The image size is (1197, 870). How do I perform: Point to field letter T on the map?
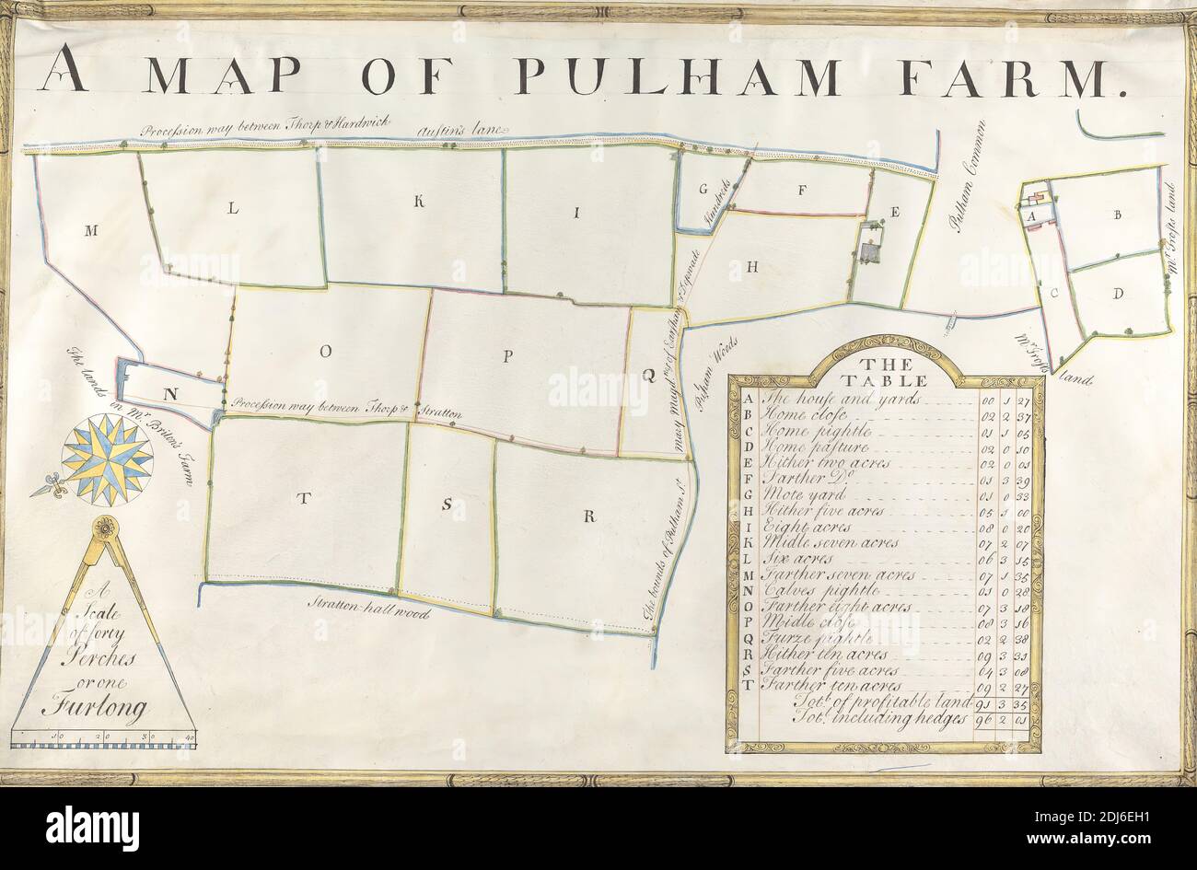301,499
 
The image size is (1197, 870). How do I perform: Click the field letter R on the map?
587,516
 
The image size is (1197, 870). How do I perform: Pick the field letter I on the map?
576,214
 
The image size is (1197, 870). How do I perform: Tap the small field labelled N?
169,394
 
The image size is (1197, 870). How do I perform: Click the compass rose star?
107,458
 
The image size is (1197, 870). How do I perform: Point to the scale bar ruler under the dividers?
103,737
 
